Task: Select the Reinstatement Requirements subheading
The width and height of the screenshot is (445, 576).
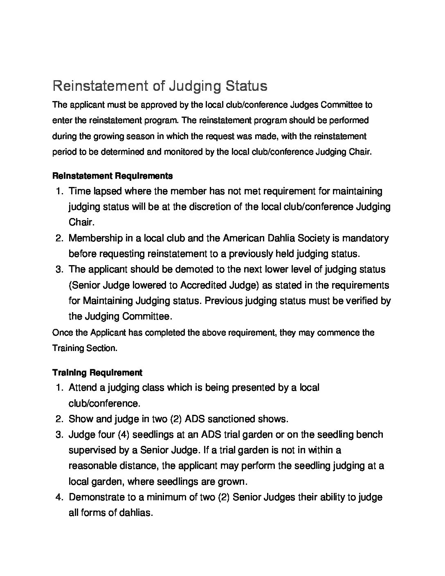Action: [x=112, y=176]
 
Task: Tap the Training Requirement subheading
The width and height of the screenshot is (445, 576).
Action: [x=97, y=373]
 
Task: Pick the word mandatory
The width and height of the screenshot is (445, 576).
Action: [x=365, y=238]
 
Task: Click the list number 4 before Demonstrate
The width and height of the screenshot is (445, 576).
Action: [x=58, y=497]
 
